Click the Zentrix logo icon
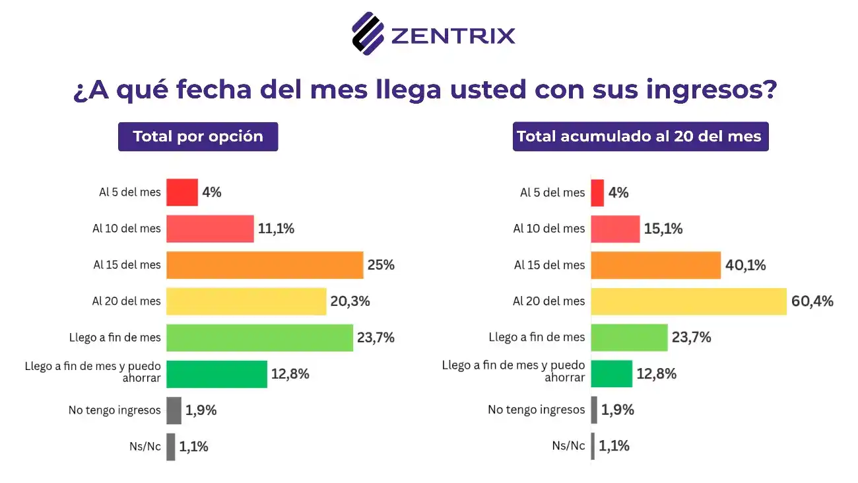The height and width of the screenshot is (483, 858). click(368, 32)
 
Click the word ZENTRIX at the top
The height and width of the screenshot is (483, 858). click(453, 34)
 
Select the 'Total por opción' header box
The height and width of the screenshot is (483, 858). click(198, 137)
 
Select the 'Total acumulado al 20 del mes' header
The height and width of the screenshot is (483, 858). click(640, 137)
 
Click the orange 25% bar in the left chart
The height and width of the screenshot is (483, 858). click(264, 265)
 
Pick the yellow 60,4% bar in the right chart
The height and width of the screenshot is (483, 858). click(688, 301)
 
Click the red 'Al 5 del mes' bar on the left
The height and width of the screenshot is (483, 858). click(181, 192)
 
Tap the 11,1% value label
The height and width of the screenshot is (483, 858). click(276, 229)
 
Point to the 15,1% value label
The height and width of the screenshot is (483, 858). click(663, 229)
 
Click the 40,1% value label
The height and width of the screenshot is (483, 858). click(745, 265)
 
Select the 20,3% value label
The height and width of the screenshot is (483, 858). click(350, 301)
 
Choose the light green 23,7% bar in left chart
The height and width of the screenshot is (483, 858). click(259, 338)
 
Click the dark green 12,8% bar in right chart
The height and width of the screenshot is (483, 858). click(611, 374)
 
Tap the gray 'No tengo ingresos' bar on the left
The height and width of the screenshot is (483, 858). click(174, 410)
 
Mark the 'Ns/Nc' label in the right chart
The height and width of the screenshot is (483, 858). click(568, 446)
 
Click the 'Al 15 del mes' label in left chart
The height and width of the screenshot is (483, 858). click(127, 265)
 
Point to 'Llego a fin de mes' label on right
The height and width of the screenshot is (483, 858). click(537, 338)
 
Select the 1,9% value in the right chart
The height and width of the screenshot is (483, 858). click(616, 410)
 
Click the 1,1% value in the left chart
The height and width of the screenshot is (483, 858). click(193, 447)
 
